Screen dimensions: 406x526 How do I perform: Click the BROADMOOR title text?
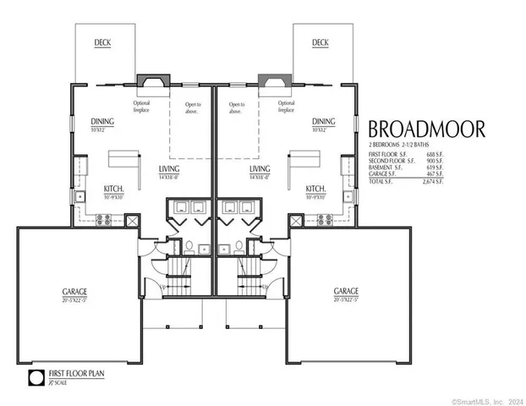click(425, 129)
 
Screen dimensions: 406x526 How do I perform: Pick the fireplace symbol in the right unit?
click(272, 82)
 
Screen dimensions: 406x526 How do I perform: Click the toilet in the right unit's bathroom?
click(239, 247)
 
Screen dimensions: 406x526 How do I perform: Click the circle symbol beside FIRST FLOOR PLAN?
click(36, 377)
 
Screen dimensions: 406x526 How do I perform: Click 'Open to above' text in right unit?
click(235, 107)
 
